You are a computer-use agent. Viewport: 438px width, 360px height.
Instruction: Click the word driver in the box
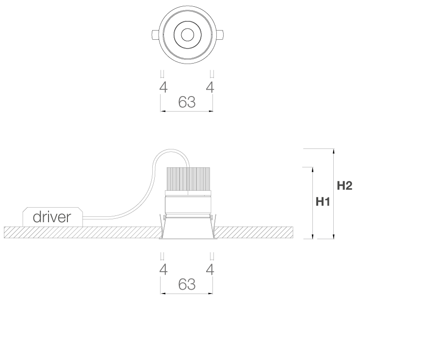[52, 217]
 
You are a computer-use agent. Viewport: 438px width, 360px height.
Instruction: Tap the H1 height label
[323, 201]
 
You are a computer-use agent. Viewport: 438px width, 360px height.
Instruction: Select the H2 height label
[344, 185]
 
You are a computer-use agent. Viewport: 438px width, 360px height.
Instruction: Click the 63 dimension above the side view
[187, 102]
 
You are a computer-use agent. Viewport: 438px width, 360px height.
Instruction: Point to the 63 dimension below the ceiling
[187, 284]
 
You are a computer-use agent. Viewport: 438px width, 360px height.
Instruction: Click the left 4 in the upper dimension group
[163, 88]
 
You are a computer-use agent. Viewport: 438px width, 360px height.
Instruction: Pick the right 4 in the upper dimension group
[210, 88]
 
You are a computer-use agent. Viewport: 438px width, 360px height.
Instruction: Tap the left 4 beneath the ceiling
[163, 270]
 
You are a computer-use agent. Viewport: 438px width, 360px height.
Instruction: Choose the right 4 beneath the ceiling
[210, 270]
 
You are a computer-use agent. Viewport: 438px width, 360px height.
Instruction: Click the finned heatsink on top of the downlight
[188, 179]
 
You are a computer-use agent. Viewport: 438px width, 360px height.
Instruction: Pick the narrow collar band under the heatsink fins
[188, 194]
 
